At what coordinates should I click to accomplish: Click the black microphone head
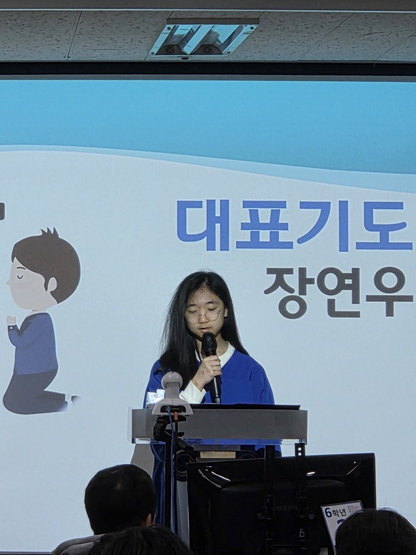pyautogui.click(x=209, y=343)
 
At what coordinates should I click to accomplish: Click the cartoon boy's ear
pyautogui.click(x=52, y=284)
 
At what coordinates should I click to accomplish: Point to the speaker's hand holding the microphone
pyautogui.click(x=211, y=369)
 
